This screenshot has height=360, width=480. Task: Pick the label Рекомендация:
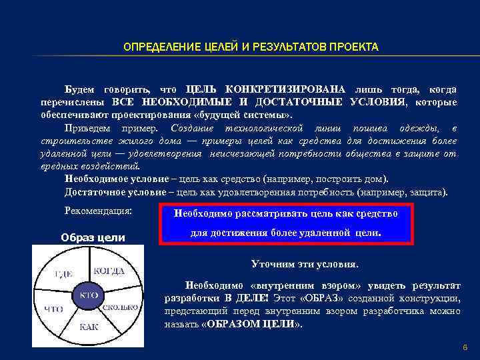pyautogui.click(x=98, y=211)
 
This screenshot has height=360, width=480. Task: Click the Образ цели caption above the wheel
pyautogui.click(x=93, y=237)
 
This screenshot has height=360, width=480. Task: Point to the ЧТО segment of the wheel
pyautogui.click(x=53, y=309)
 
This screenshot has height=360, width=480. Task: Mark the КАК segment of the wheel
pyautogui.click(x=89, y=327)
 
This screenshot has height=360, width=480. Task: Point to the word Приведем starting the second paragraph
pyautogui.click(x=87, y=128)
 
